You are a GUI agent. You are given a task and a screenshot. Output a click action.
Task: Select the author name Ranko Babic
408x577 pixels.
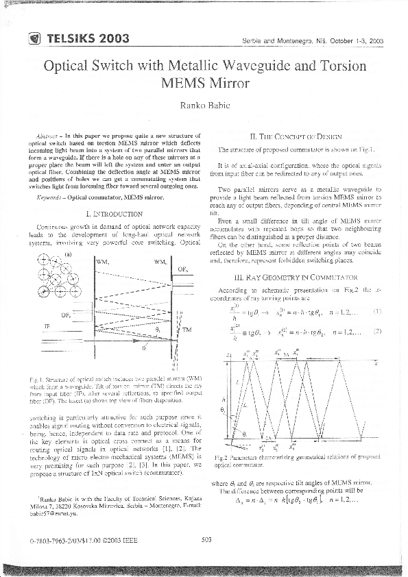[204, 105]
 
